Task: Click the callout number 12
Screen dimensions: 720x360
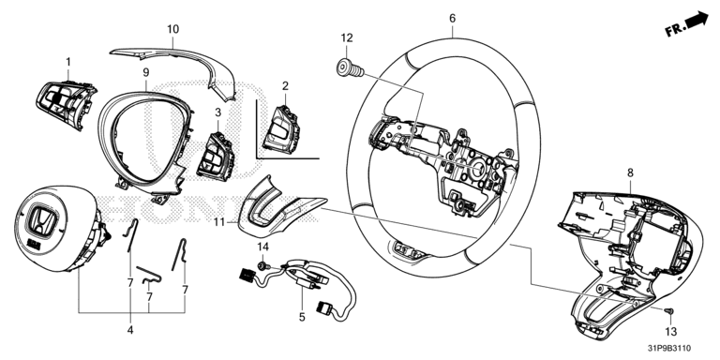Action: [347, 37]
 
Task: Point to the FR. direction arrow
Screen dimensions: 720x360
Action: [686, 23]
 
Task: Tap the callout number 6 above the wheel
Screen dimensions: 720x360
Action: [452, 19]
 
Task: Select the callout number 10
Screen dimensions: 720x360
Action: [172, 29]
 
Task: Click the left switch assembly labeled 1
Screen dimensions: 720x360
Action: [66, 104]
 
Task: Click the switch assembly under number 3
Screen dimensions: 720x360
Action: [216, 156]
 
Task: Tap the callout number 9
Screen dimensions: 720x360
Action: [146, 72]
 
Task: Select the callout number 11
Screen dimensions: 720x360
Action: [219, 222]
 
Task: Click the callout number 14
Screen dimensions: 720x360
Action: [262, 247]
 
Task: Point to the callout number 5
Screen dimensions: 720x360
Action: [302, 317]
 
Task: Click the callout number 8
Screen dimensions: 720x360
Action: [630, 172]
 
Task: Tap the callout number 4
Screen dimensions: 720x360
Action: [130, 330]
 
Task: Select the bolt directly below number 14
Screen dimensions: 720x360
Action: [262, 265]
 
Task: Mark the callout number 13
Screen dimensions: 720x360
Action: [671, 332]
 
